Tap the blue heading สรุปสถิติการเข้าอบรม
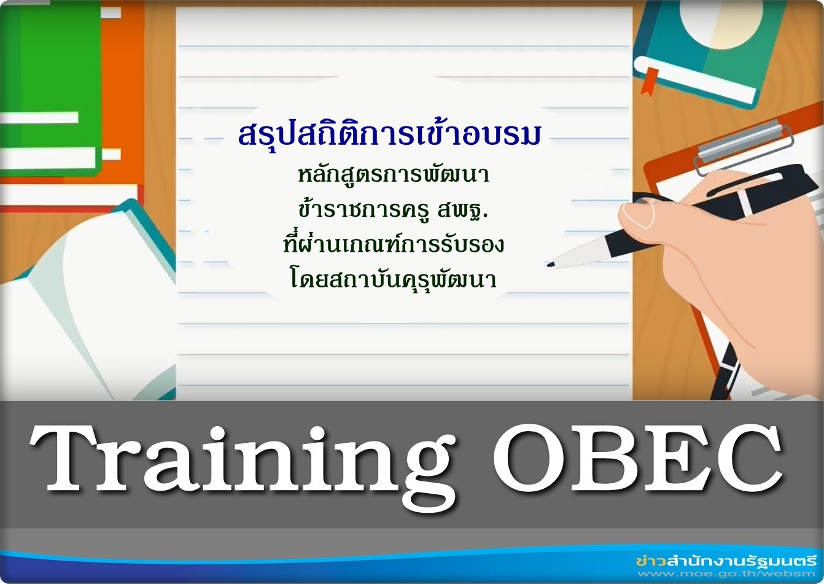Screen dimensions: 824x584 click(x=389, y=134)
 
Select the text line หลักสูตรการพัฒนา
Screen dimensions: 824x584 click(x=394, y=175)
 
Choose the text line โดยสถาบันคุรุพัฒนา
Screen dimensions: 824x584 click(x=394, y=279)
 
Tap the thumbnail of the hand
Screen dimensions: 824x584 click(x=638, y=216)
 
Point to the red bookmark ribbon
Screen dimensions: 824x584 click(x=649, y=80)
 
